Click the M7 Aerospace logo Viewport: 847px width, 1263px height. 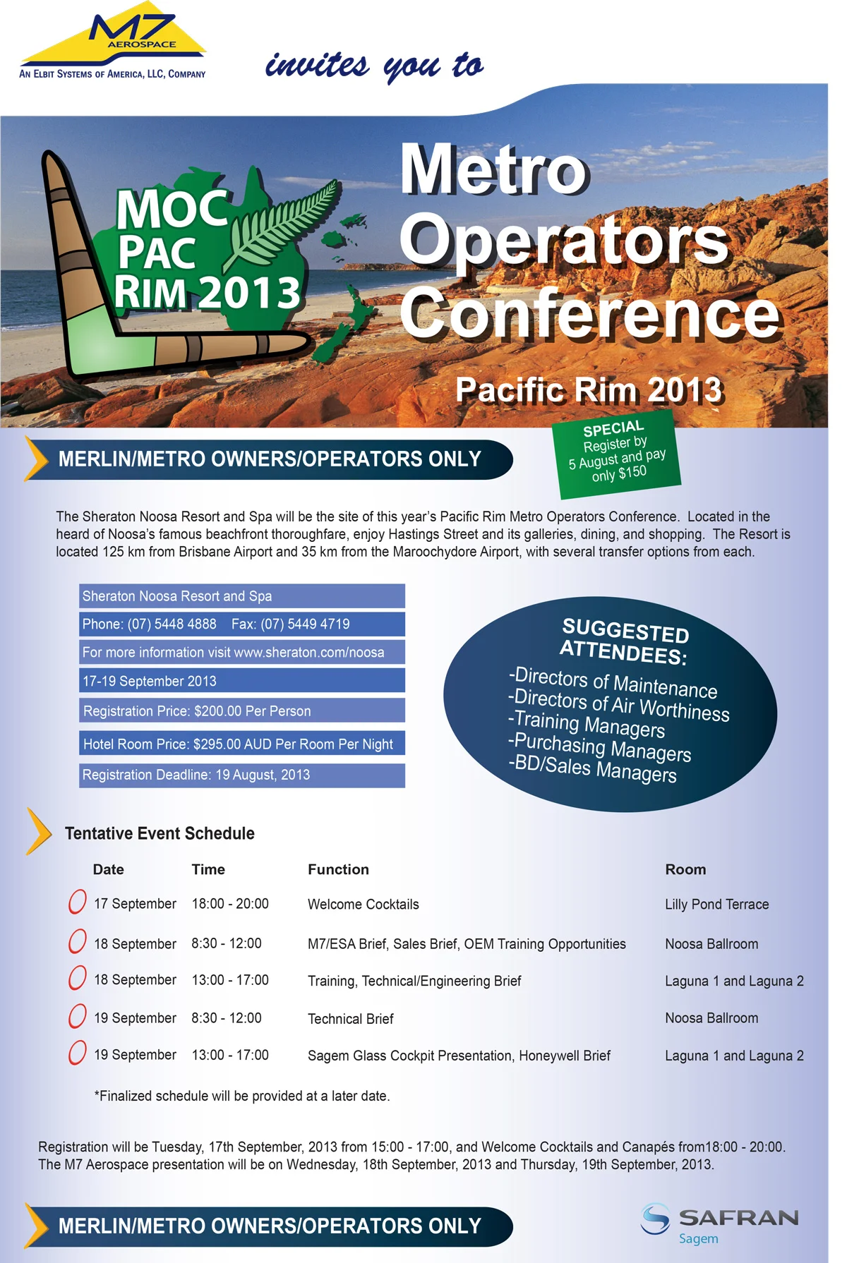click(113, 44)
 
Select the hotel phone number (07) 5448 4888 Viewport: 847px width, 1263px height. click(172, 624)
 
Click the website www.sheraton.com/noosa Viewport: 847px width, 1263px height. click(308, 653)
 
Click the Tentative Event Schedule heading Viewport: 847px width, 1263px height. click(160, 833)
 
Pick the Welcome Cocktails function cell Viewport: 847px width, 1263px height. click(363, 905)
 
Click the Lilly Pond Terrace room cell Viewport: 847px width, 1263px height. click(716, 905)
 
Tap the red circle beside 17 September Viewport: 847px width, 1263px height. click(77, 902)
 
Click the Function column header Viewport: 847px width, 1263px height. click(338, 869)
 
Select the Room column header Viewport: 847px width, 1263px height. click(685, 869)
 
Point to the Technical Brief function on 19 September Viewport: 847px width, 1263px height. click(350, 1019)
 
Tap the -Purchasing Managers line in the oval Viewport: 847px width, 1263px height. click(599, 747)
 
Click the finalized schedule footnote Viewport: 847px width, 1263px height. click(242, 1096)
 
